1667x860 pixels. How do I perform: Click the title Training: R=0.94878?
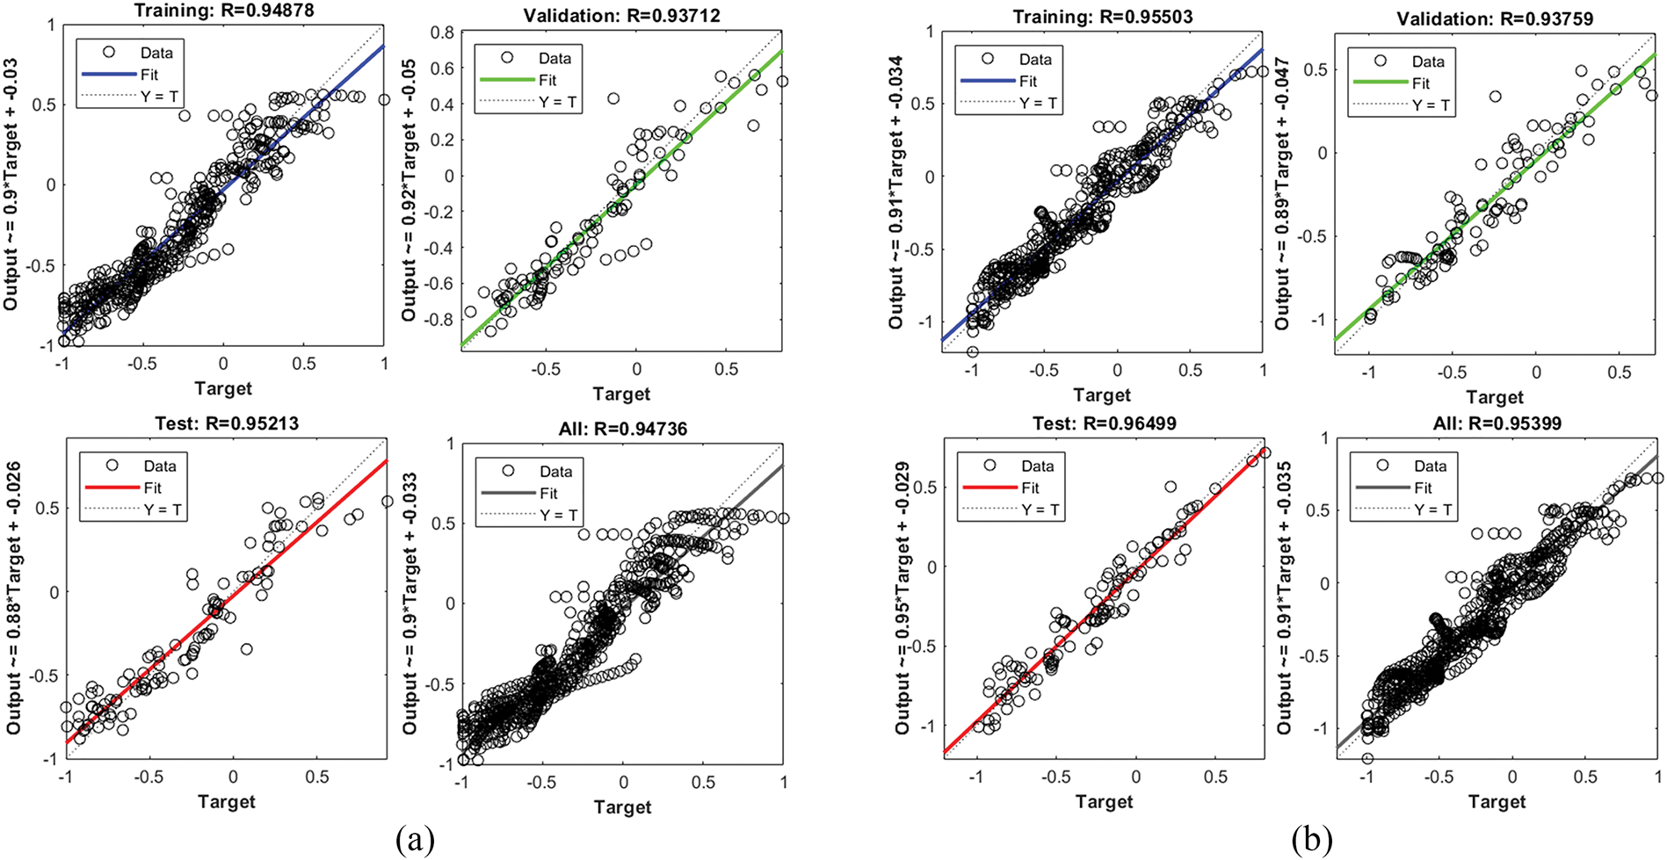[223, 11]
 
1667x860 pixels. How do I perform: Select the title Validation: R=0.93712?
[622, 16]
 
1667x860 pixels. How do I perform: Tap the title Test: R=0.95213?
[226, 423]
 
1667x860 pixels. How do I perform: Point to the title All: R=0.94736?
[622, 429]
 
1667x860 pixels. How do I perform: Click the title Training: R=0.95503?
[1103, 17]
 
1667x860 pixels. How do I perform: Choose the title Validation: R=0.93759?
[1495, 18]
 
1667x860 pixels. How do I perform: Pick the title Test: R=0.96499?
[1104, 423]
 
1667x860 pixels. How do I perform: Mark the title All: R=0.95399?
[1497, 423]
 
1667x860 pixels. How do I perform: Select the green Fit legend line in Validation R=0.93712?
[506, 80]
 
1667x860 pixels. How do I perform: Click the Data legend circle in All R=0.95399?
[1382, 466]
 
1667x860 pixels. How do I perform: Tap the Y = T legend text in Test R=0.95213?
[163, 509]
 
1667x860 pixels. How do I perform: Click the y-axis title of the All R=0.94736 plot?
[410, 604]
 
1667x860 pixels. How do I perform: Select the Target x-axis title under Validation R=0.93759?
[1495, 396]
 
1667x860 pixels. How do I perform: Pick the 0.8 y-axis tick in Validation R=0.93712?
[442, 33]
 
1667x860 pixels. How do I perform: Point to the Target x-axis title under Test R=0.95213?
[226, 801]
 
